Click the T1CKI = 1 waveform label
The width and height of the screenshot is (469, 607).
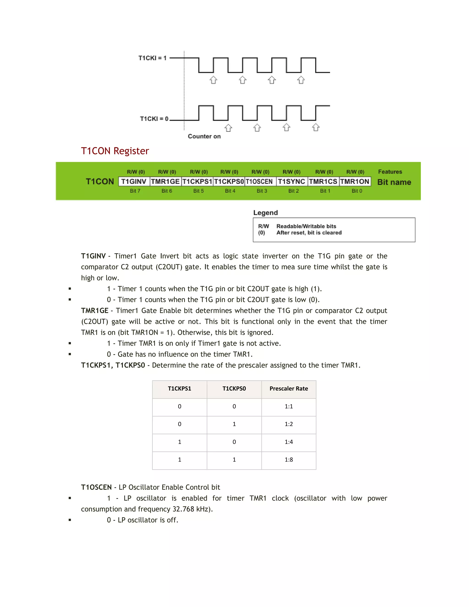[x=152, y=58]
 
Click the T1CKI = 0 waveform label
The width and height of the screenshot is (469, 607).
[x=154, y=119]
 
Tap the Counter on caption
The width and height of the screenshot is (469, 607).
[x=204, y=137]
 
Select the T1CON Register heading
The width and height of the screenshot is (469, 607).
[x=115, y=151]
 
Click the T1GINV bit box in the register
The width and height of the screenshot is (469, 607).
[x=134, y=181]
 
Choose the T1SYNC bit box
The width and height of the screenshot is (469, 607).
[x=292, y=181]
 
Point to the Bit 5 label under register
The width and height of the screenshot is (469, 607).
[x=198, y=191]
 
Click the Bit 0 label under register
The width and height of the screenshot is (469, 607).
[x=357, y=191]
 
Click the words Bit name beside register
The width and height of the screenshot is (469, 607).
[x=394, y=182]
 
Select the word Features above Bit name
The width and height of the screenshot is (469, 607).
[x=390, y=172]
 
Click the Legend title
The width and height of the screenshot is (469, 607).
[x=265, y=213]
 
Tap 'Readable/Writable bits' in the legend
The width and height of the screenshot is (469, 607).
[x=306, y=226]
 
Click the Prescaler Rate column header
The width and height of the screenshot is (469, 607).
[x=289, y=388]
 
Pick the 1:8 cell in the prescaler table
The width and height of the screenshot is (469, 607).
[x=289, y=460]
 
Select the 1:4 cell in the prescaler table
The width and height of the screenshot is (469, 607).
[x=289, y=442]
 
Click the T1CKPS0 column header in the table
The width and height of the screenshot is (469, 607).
[x=234, y=388]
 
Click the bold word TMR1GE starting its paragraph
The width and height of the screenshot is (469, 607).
[x=95, y=311]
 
